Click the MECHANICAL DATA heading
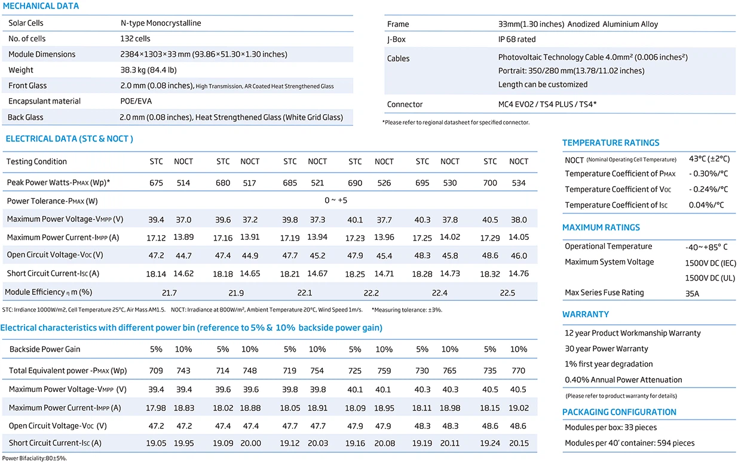coord(41,6)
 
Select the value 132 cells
coord(135,39)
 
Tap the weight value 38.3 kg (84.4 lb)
coord(148,70)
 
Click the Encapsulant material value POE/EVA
coord(136,101)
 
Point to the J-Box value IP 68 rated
coord(516,39)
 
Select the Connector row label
coord(405,104)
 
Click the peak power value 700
coord(490,183)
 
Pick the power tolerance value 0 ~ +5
coord(336,200)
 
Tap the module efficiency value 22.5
coord(507,293)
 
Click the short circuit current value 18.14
coord(156,274)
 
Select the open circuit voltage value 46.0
coord(519,255)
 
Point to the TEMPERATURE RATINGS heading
coord(611,143)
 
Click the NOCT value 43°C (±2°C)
coord(709,159)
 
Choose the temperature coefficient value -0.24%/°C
coord(708,189)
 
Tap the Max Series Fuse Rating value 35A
coord(692,294)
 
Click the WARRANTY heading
coord(586,314)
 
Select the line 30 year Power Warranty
coord(606,349)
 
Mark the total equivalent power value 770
coord(518,371)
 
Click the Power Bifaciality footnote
coord(35,458)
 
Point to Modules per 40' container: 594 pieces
coord(629,443)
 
